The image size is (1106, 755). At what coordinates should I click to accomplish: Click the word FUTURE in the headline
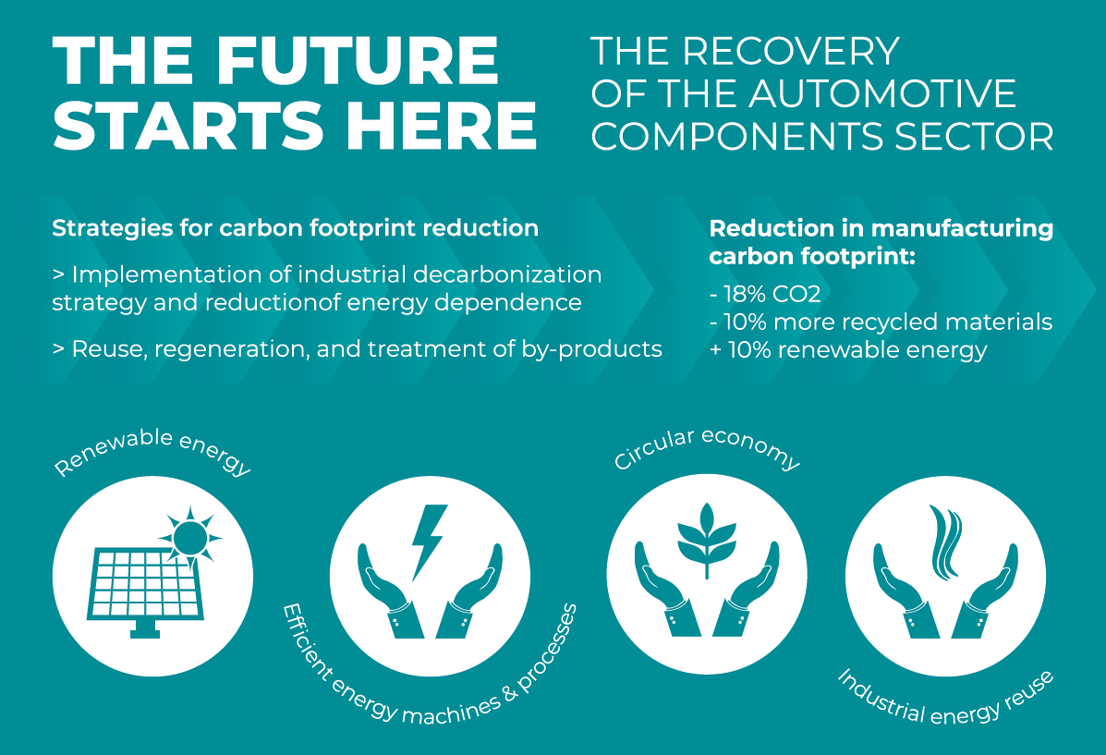tap(357, 61)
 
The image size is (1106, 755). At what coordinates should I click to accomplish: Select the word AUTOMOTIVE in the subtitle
tap(882, 94)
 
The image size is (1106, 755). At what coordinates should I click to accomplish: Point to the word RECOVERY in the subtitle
tap(791, 52)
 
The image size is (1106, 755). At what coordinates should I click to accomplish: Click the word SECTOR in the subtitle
tap(974, 137)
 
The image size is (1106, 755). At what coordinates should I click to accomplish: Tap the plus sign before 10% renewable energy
tap(715, 350)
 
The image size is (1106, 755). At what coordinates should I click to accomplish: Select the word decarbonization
tap(507, 274)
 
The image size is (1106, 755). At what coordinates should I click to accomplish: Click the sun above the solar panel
tap(189, 536)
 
